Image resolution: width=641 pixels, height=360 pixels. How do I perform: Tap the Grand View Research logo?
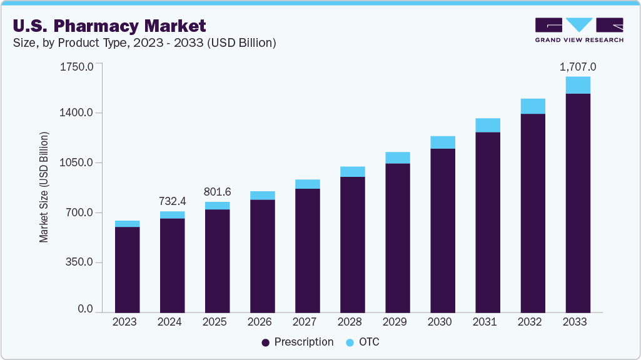579,29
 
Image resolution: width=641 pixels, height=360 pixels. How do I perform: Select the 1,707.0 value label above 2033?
578,67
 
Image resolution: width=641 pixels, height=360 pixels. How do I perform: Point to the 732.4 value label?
173,202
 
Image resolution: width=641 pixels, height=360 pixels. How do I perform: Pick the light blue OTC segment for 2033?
578,85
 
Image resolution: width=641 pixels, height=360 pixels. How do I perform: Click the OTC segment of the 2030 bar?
443,142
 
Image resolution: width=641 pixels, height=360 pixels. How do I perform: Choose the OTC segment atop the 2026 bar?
263,195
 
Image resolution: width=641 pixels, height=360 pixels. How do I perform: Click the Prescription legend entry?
298,342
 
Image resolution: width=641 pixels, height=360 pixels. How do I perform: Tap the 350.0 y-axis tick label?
79,262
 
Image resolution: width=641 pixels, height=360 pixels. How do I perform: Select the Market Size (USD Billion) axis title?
44,187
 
